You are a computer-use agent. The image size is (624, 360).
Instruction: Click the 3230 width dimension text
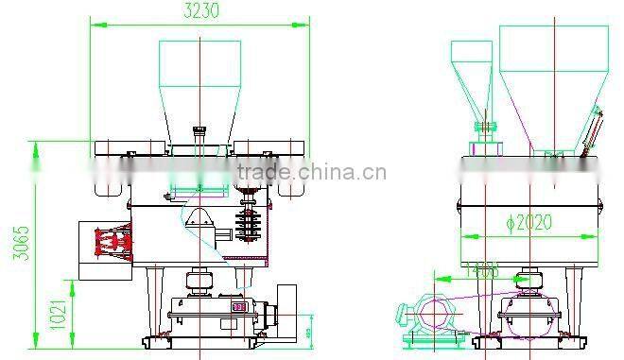(199, 11)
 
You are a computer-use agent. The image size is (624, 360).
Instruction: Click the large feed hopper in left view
(199, 85)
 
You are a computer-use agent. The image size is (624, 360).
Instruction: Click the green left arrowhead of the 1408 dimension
(437, 278)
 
